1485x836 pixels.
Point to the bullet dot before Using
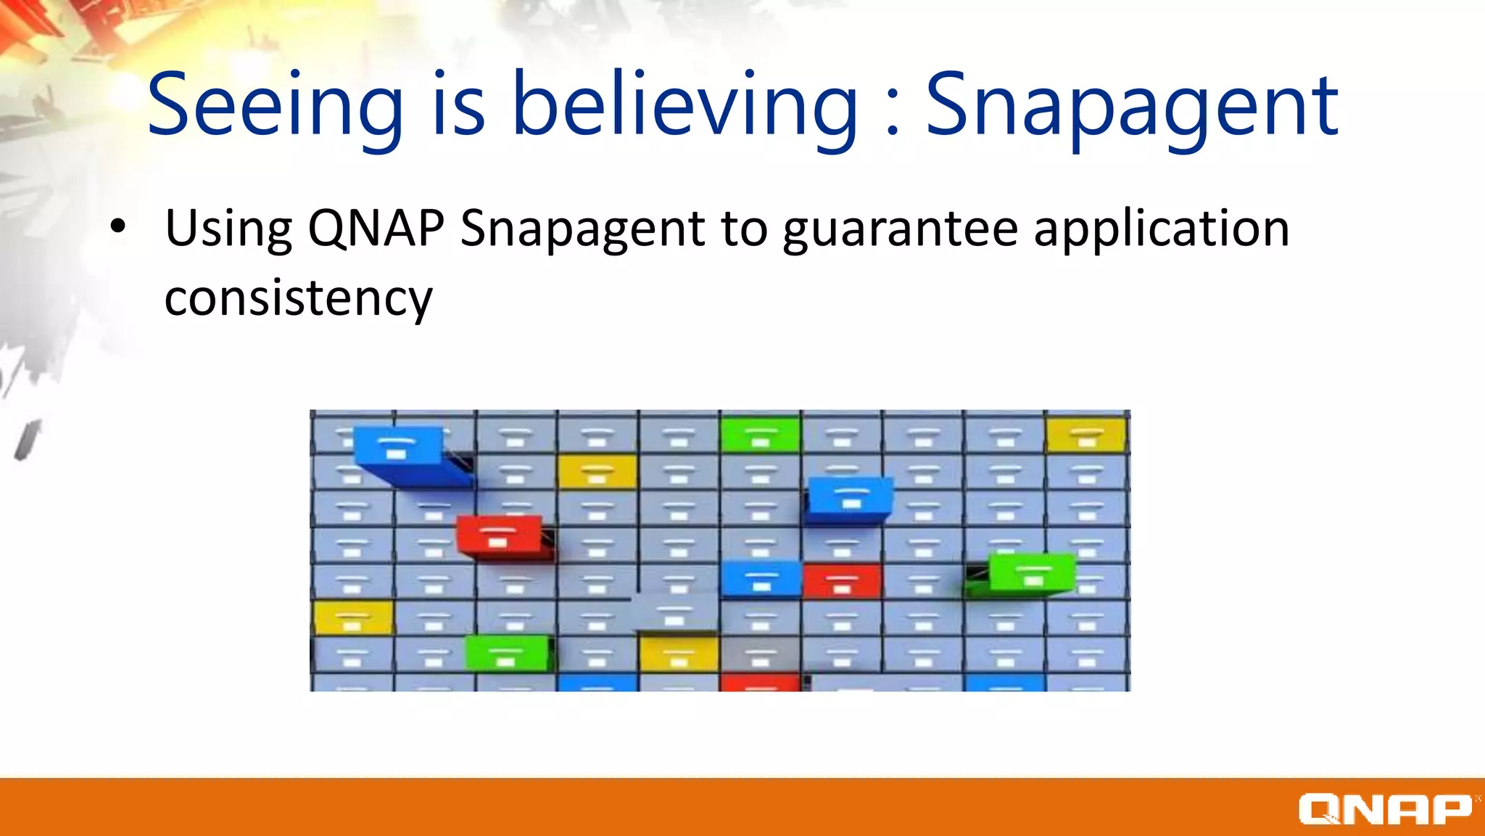pyautogui.click(x=117, y=227)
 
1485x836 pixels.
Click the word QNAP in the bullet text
pyautogui.click(x=376, y=229)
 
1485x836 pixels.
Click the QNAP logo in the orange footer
pyautogui.click(x=1385, y=808)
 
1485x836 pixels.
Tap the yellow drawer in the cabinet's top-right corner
pyautogui.click(x=1085, y=435)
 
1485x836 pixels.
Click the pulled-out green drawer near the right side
pyautogui.click(x=1031, y=573)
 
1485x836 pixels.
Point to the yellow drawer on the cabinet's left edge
pyautogui.click(x=353, y=618)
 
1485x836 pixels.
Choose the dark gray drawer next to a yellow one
pyautogui.click(x=760, y=654)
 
